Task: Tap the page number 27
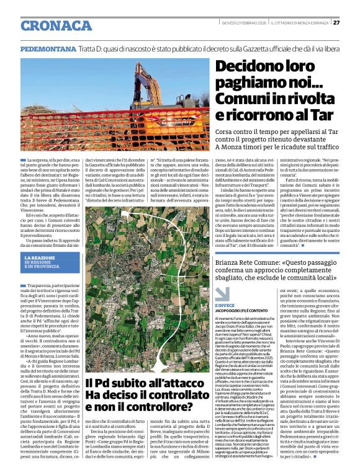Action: [336, 23]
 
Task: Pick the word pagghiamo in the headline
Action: [244, 84]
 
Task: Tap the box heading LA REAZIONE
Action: [40, 257]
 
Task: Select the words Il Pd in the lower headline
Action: [97, 384]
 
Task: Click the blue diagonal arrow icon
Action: [222, 293]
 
